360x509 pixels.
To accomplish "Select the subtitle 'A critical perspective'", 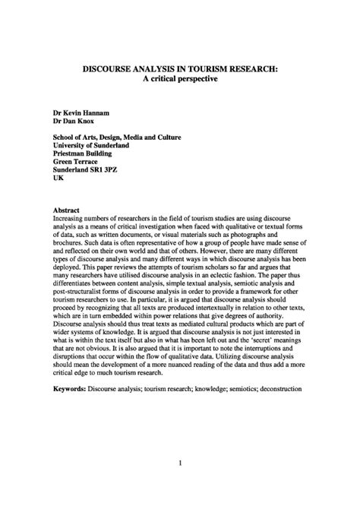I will click(180, 79).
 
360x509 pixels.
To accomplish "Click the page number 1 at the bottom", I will click(179, 463).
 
